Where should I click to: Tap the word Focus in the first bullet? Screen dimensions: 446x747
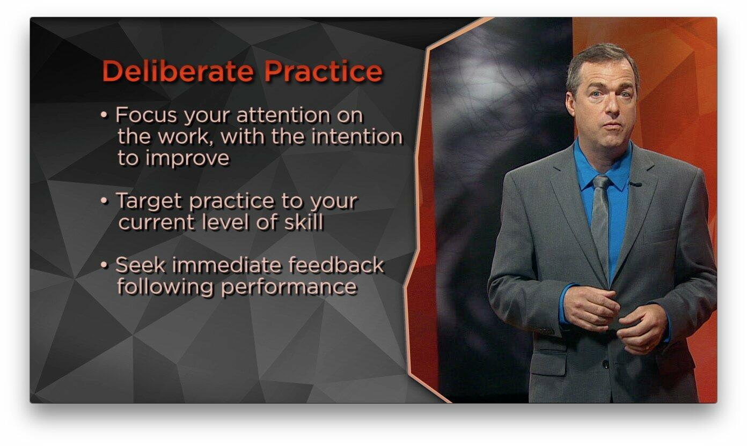147,115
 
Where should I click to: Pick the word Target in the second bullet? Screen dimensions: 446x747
149,201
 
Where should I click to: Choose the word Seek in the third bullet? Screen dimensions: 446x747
138,265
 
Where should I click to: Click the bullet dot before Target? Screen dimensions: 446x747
104,202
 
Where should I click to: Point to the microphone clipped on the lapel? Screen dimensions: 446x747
635,184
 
